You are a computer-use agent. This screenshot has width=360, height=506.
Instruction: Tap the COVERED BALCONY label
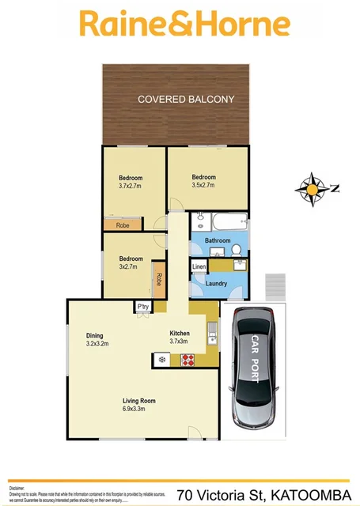point(186,99)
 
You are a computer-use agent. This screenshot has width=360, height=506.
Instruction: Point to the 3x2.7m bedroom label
point(131,262)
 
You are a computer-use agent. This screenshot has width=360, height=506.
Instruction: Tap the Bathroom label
point(218,240)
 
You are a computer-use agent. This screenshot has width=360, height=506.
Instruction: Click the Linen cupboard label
point(199,267)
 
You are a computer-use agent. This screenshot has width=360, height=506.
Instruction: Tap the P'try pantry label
point(143,307)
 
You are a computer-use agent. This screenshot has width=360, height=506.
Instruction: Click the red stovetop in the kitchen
point(188,360)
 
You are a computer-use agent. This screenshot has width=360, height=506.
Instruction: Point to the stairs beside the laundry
point(273,284)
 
